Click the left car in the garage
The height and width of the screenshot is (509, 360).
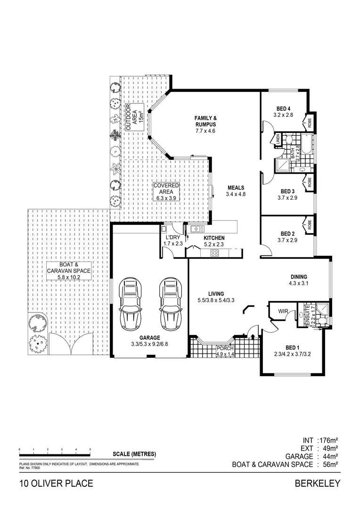pos(130,304)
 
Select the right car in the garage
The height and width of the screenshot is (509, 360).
pos(170,304)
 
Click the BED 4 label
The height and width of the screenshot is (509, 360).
pos(282,108)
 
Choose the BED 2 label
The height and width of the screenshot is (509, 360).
pos(287,233)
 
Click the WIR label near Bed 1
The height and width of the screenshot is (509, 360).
pos(284,311)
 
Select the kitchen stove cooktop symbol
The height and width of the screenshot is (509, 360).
pos(214,253)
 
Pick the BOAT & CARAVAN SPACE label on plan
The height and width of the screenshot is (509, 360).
pos(68,271)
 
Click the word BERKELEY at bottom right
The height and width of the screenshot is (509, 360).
pos(317,483)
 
